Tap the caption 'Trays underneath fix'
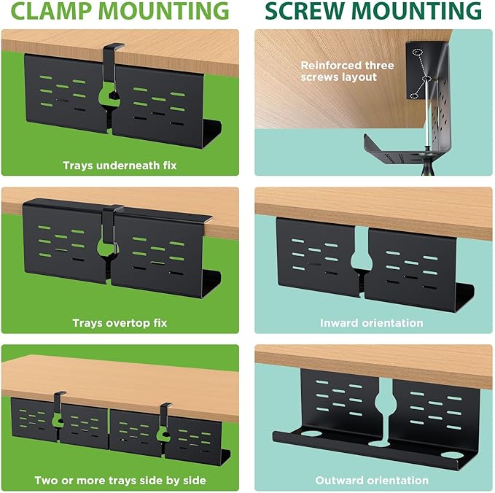point(120,166)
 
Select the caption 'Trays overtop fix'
point(120,323)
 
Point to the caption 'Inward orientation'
point(372,323)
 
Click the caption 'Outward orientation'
point(372,481)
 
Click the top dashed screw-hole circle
point(417,52)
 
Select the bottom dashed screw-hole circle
point(414,96)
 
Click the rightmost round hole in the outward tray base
point(452,455)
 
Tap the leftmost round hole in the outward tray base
point(311,433)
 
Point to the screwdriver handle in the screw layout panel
point(427,165)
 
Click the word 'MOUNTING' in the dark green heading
point(416,10)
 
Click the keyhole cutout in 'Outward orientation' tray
point(385,408)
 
